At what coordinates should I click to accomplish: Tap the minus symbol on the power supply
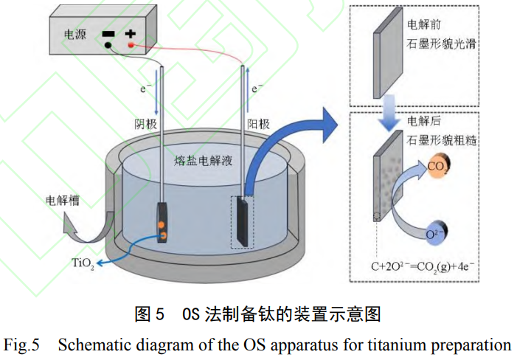tap(108, 34)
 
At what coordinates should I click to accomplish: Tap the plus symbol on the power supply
tap(131, 34)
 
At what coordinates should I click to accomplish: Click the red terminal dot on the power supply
tap(131, 46)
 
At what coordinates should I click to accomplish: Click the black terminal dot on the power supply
tap(108, 46)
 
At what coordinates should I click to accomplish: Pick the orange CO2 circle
tap(439, 167)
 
